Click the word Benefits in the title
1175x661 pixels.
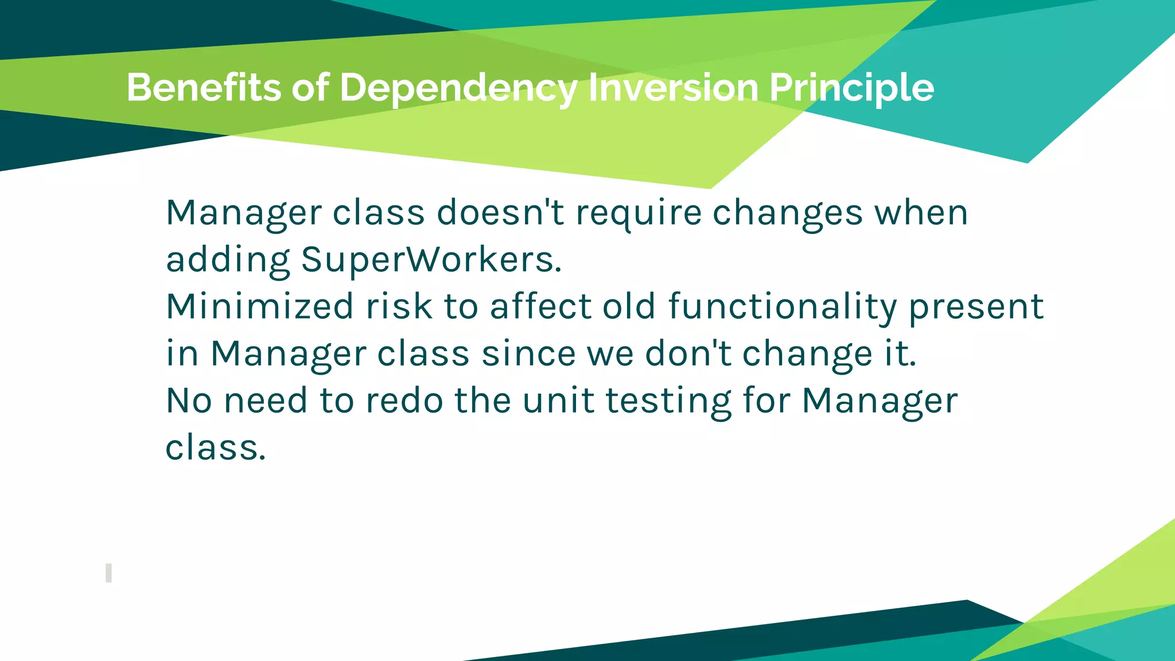pyautogui.click(x=204, y=88)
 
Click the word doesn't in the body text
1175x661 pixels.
pyautogui.click(x=500, y=212)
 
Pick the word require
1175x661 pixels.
pyautogui.click(x=639, y=213)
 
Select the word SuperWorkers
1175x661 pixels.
pyautogui.click(x=431, y=260)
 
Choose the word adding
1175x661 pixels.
pyautogui.click(x=228, y=260)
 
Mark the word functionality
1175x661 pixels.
pyautogui.click(x=783, y=307)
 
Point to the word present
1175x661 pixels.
pyautogui.click(x=976, y=307)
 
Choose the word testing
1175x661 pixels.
pyautogui.click(x=669, y=401)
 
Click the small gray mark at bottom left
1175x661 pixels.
pyautogui.click(x=108, y=573)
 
